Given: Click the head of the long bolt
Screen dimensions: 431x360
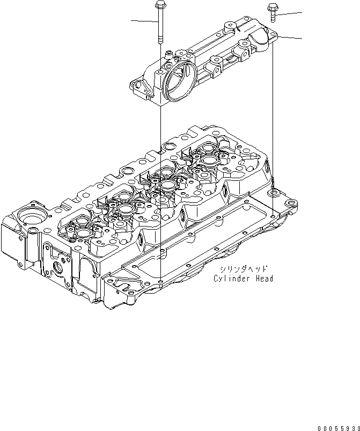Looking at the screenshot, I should pyautogui.click(x=159, y=6).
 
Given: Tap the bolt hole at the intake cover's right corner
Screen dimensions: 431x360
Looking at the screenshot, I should pyautogui.click(x=273, y=35).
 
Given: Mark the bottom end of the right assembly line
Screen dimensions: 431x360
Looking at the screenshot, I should pyautogui.click(x=273, y=215).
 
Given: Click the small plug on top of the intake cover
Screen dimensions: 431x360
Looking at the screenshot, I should pyautogui.click(x=170, y=53).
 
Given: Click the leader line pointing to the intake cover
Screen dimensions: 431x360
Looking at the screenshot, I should pyautogui.click(x=290, y=38).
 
